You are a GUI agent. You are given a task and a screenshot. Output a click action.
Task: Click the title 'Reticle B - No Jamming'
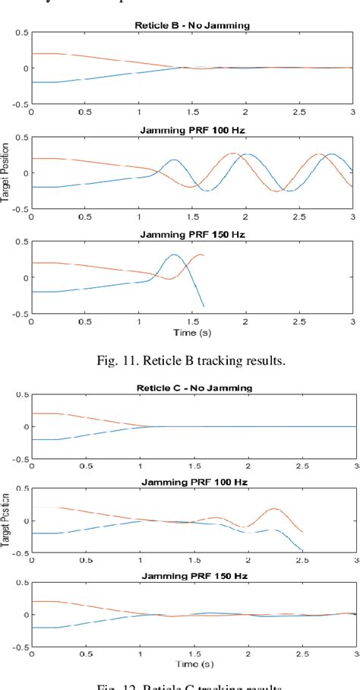(191, 24)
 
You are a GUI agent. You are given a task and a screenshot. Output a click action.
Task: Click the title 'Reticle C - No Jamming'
(191, 388)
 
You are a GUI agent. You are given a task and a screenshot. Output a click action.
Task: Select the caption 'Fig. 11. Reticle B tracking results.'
(191, 360)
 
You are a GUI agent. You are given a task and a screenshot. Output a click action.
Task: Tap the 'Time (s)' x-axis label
(191, 333)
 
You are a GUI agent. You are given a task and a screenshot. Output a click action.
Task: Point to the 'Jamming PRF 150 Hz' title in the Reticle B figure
(191, 235)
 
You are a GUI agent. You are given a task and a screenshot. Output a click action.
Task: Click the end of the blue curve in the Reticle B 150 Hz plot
(204, 306)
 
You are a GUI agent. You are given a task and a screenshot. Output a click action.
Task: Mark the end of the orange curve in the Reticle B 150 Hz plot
(204, 255)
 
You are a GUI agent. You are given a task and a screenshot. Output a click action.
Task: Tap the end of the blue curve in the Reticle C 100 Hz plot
(302, 550)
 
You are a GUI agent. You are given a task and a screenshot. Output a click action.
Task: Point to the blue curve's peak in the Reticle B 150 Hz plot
(174, 255)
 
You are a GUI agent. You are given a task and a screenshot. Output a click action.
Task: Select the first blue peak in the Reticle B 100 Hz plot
(174, 160)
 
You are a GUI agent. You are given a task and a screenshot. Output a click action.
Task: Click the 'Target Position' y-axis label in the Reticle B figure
(5, 173)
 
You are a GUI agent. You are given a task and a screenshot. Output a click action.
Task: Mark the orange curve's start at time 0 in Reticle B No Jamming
(32, 54)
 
